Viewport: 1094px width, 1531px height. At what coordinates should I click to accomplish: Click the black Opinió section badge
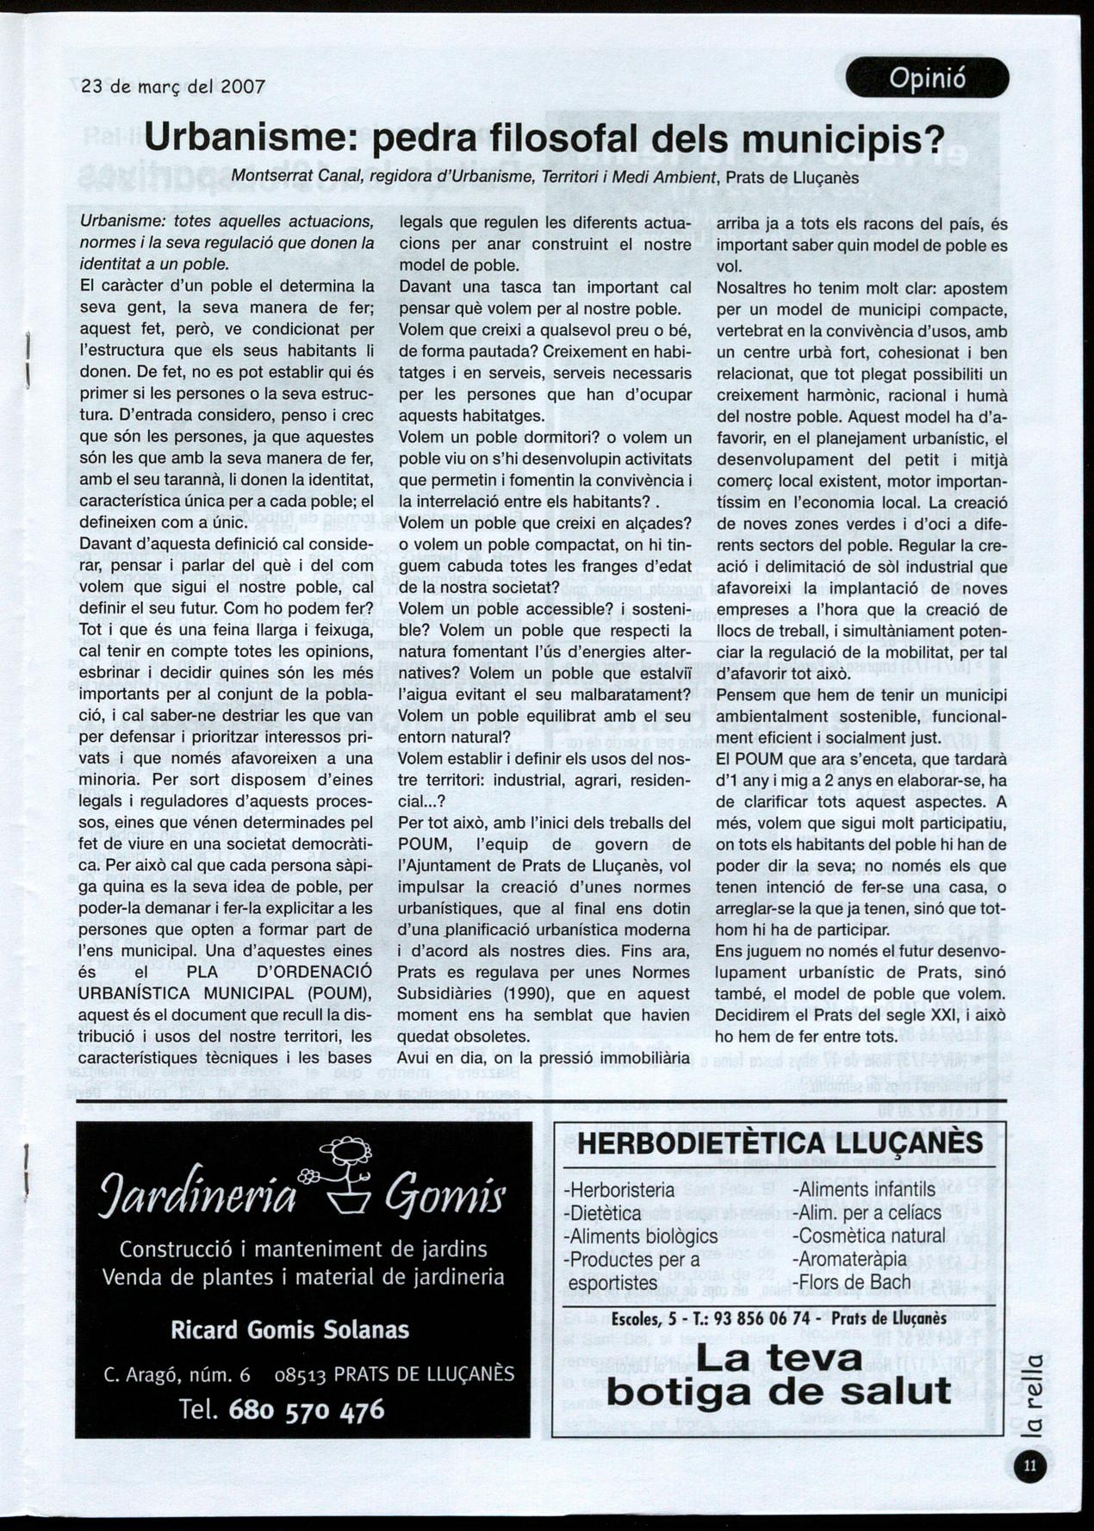[x=927, y=78]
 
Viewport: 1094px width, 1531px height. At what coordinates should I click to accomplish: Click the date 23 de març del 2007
[x=172, y=87]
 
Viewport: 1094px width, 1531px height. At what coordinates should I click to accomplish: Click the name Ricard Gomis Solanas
[x=289, y=1329]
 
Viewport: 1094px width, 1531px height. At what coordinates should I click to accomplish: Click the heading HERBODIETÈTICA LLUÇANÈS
[x=780, y=1143]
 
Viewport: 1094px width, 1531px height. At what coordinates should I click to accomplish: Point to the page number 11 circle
[x=1031, y=1466]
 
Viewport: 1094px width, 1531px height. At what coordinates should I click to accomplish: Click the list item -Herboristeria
[x=618, y=1190]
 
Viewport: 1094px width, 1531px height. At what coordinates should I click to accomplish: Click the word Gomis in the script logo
[x=444, y=1197]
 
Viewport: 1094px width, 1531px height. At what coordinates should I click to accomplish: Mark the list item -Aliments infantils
[x=863, y=1190]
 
